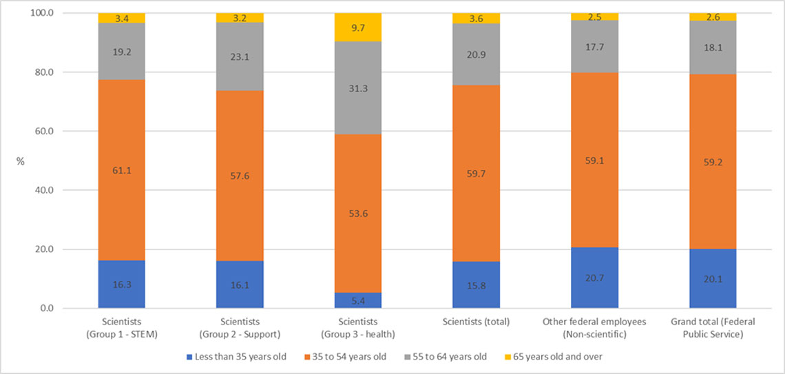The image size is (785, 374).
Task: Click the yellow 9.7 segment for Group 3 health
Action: click(x=357, y=27)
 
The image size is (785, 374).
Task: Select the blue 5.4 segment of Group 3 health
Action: click(x=357, y=300)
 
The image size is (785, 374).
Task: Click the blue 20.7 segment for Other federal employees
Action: click(x=594, y=278)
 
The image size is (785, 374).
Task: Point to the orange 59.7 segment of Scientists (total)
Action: click(x=476, y=174)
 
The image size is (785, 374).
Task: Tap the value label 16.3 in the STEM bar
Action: click(x=121, y=284)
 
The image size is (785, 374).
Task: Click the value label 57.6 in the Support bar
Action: click(x=240, y=176)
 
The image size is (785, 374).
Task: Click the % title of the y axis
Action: click(x=20, y=161)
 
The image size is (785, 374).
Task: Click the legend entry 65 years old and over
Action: click(x=559, y=357)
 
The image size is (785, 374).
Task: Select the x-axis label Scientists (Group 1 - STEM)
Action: click(x=121, y=328)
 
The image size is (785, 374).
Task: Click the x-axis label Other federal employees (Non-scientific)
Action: click(x=594, y=328)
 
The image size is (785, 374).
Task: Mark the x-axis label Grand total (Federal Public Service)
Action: click(x=713, y=328)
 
